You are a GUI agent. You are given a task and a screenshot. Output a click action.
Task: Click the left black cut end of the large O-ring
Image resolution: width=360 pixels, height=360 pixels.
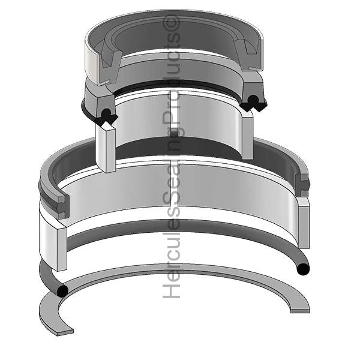[62, 292]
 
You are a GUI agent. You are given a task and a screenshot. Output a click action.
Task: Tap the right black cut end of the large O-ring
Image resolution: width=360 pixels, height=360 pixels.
[304, 268]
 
